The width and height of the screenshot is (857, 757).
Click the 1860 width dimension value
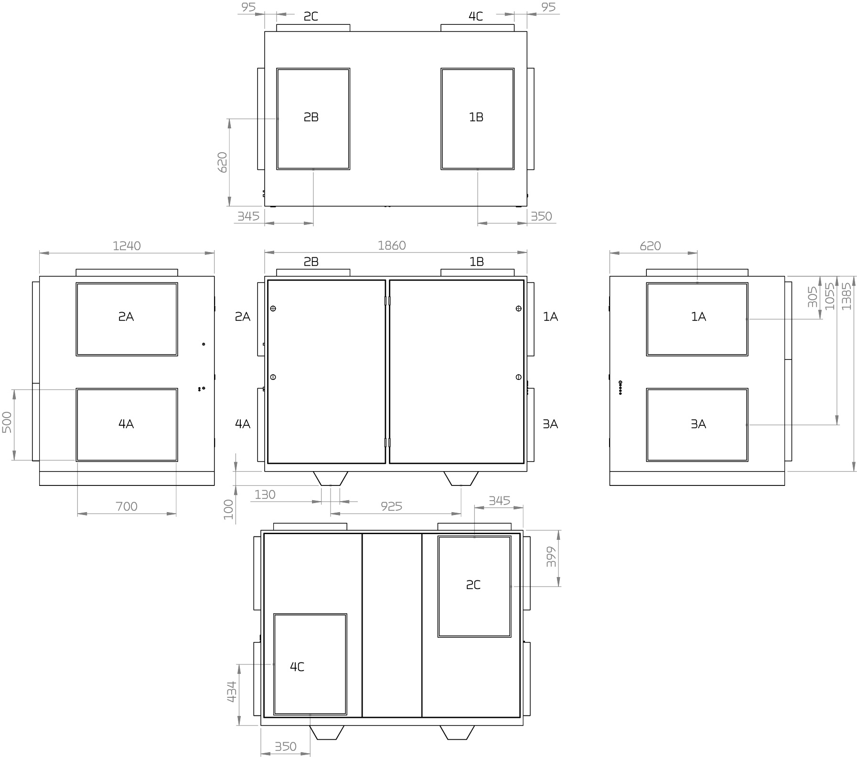(x=391, y=245)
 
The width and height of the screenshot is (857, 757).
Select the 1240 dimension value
(x=127, y=246)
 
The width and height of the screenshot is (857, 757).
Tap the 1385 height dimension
(x=846, y=296)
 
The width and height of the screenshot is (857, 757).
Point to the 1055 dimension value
(x=830, y=296)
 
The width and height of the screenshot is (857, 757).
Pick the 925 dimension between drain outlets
(x=391, y=506)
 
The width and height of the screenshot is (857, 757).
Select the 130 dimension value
(x=265, y=495)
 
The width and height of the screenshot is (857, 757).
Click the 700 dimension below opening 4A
(x=127, y=506)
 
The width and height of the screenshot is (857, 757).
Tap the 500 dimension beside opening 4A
(x=7, y=422)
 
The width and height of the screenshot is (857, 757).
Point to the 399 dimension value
(x=552, y=557)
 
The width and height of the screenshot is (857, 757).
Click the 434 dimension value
(x=231, y=692)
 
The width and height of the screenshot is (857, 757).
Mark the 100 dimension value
(x=228, y=509)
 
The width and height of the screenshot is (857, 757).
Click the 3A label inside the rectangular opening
(x=698, y=424)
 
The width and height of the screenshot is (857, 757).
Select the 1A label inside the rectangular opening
(x=698, y=316)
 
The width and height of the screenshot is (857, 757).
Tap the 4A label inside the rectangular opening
(x=126, y=424)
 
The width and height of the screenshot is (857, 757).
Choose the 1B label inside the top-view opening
(x=476, y=117)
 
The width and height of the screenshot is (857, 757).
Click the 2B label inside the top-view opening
(x=311, y=117)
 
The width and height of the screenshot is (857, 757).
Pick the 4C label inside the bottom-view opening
(x=297, y=667)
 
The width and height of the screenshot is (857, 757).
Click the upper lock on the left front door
(x=273, y=308)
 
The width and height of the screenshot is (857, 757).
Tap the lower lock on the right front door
(x=519, y=377)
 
